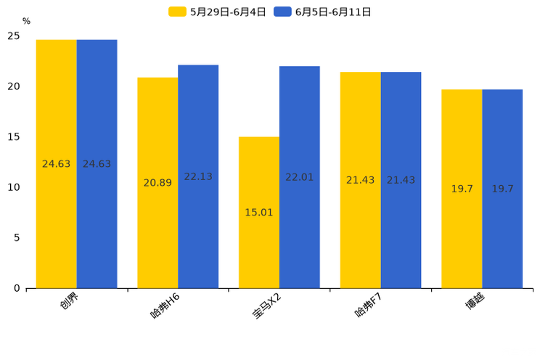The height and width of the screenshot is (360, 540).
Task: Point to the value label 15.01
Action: pyautogui.click(x=259, y=213)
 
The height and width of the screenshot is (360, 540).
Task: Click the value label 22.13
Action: pyautogui.click(x=198, y=176)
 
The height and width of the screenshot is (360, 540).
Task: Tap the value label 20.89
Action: pyautogui.click(x=157, y=183)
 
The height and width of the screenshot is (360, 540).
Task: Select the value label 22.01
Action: pyautogui.click(x=300, y=177)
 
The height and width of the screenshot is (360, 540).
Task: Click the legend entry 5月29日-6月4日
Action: pyautogui.click(x=218, y=12)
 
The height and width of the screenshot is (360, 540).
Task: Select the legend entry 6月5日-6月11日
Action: pyautogui.click(x=323, y=12)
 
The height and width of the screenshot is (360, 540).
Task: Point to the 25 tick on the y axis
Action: pyautogui.click(x=14, y=36)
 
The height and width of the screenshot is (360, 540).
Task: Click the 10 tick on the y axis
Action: pyautogui.click(x=14, y=187)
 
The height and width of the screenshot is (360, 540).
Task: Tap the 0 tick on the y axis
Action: pyautogui.click(x=17, y=288)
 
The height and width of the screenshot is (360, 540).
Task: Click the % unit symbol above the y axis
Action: pyautogui.click(x=26, y=21)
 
